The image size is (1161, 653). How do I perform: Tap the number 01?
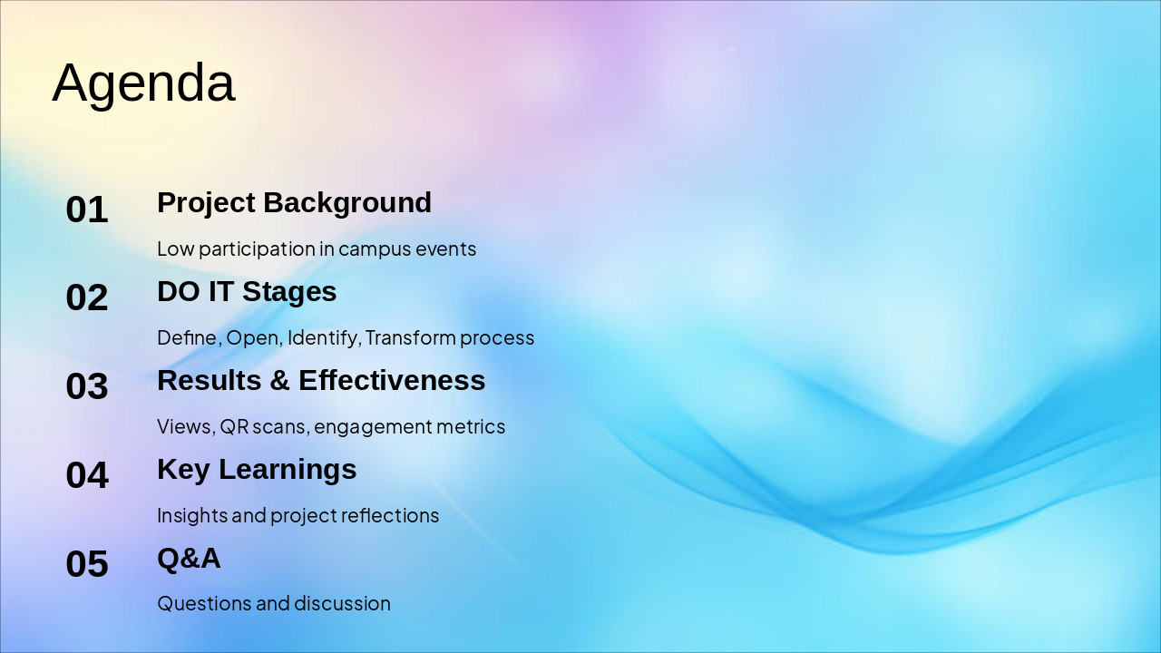87,210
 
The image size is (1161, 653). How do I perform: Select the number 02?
87,297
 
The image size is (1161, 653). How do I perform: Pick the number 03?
87,386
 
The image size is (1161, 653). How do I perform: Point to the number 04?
87,474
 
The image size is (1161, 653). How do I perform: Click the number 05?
87,563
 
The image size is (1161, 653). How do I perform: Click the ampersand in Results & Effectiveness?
279,380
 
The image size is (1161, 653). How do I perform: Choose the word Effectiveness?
392,380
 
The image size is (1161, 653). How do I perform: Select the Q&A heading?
189,559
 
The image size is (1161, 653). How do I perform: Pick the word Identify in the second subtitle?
322,339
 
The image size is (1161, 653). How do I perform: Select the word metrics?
471,427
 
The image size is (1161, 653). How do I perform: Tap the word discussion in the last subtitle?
343,604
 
